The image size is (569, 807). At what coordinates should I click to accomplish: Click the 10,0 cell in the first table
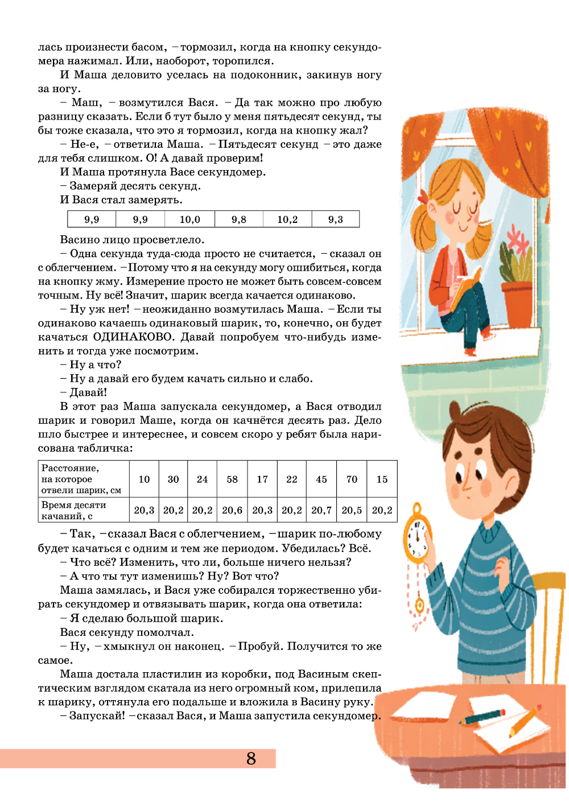click(x=189, y=220)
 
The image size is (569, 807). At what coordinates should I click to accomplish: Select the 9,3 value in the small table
click(x=335, y=220)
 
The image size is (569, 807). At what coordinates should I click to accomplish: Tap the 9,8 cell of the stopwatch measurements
click(x=239, y=220)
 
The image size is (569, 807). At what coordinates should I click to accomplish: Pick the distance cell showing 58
click(x=232, y=479)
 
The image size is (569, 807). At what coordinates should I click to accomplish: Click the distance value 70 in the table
click(x=352, y=479)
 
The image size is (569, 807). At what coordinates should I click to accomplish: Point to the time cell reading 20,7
click(x=321, y=510)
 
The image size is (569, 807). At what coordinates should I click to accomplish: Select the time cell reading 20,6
click(x=232, y=510)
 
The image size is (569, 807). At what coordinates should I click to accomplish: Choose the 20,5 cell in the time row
click(x=352, y=510)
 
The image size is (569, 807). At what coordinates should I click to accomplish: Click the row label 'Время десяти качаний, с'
click(x=74, y=510)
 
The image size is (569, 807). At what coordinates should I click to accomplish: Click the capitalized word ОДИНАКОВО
click(x=133, y=337)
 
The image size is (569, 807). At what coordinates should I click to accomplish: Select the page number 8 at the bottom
click(x=251, y=759)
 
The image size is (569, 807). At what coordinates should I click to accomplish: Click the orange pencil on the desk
click(x=525, y=720)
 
